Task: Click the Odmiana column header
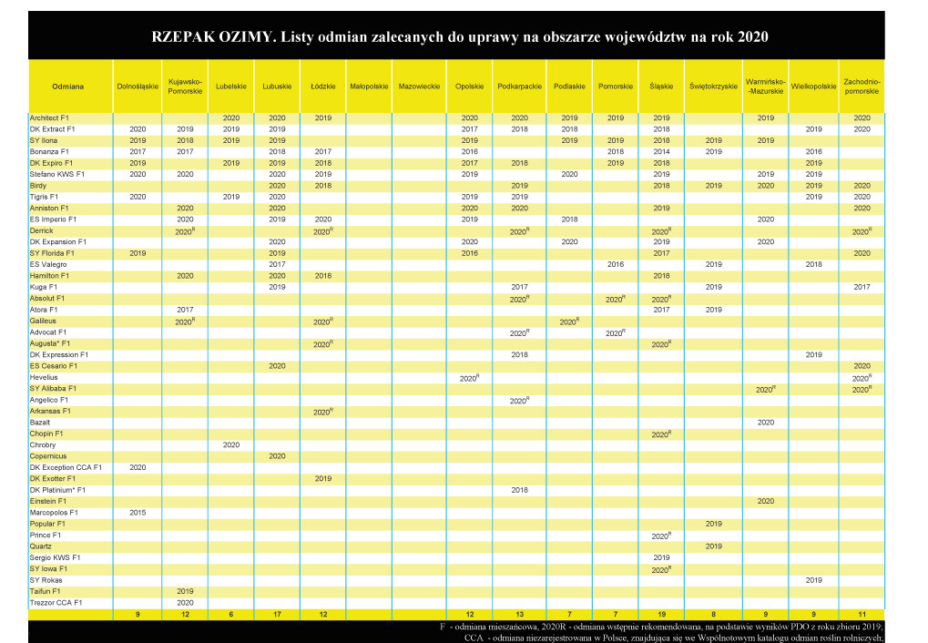coord(67,87)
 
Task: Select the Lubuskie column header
coord(277,87)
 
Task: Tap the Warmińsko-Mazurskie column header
coord(765,87)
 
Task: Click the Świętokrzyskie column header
coord(713,87)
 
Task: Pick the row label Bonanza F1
coord(49,151)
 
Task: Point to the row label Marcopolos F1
coord(54,513)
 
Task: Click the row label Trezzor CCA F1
coord(56,603)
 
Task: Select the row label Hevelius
coord(44,377)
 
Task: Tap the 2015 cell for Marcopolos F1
coord(138,513)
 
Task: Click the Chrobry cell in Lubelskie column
coord(230,444)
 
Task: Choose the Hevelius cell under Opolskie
coord(469,378)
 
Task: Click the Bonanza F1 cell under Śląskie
coord(661,151)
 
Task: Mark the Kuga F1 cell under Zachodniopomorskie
coord(862,287)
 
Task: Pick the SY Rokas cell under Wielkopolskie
coord(813,580)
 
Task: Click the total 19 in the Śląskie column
coord(661,615)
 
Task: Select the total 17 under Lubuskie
coord(277,615)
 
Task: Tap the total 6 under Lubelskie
coord(230,615)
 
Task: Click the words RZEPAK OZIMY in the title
coord(213,36)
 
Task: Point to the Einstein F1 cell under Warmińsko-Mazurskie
coord(765,502)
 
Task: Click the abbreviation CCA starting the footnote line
coord(474,638)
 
